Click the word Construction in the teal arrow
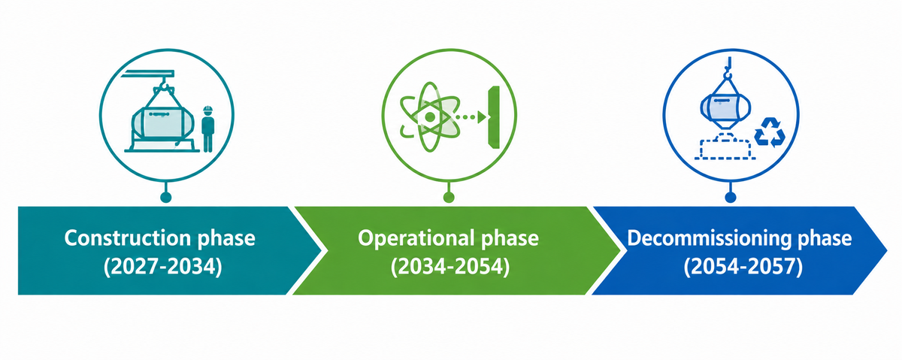coord(127,238)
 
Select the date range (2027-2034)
coord(163,267)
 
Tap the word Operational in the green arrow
coord(414,238)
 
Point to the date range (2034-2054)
coord(450,267)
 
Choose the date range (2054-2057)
coord(743,267)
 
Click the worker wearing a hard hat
coord(207,129)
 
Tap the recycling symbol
coord(770,132)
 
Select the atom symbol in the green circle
coord(430,116)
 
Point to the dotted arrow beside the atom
coord(472,117)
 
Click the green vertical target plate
coord(494,116)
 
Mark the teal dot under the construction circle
coord(166,197)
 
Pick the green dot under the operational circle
coord(449,197)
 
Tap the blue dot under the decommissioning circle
coord(731,197)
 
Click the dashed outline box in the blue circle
coord(725,149)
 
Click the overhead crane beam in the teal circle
coord(147,74)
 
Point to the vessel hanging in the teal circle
coord(162,124)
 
